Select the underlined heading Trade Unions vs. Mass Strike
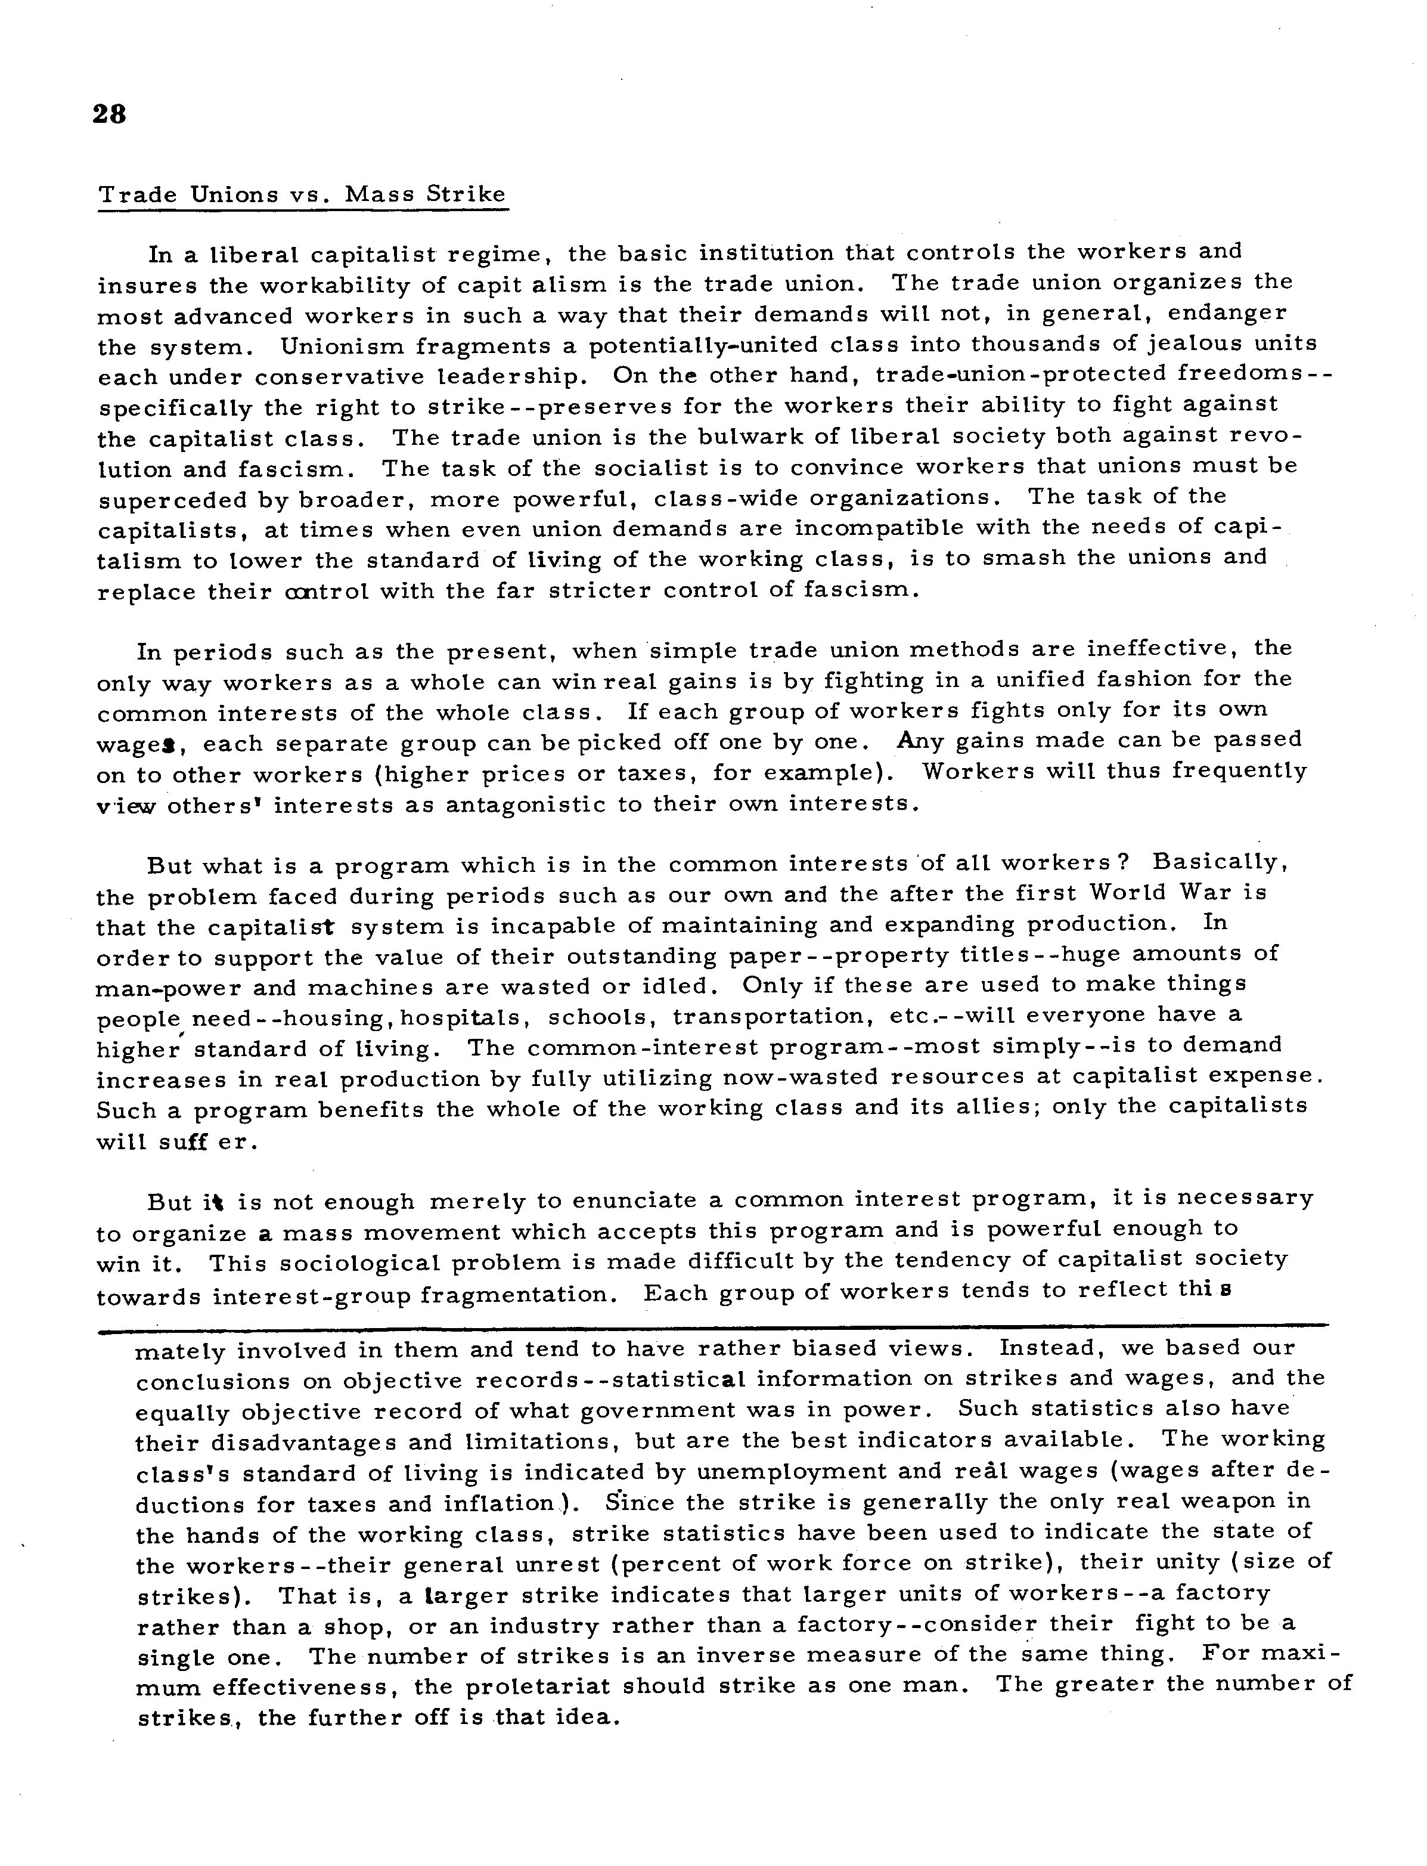[x=302, y=194]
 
